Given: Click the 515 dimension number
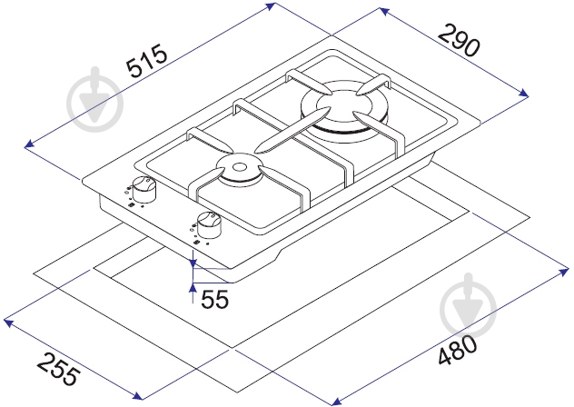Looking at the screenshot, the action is click(146, 61).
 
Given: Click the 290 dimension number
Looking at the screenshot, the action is click(459, 39).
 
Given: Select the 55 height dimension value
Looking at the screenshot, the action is click(215, 299).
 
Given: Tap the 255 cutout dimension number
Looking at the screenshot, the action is click(58, 369).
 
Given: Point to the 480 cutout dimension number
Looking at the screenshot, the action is click(458, 350).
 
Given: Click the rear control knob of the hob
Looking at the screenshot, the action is click(143, 189).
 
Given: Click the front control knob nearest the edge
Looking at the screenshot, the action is click(209, 225).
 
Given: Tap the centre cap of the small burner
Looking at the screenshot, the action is click(240, 167).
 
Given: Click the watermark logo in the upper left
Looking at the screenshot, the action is click(95, 100).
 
